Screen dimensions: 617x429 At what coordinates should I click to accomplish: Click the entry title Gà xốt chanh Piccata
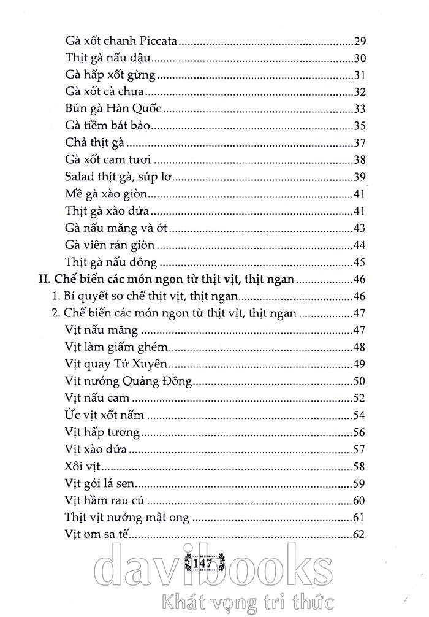coord(121,42)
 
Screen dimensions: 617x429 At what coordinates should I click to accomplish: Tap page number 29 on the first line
coord(360,42)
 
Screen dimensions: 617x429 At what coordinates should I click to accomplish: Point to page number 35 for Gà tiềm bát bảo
coord(360,126)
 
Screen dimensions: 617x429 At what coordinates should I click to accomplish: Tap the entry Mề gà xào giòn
coord(107,195)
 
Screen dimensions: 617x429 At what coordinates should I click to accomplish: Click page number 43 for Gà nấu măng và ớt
coord(360,229)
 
